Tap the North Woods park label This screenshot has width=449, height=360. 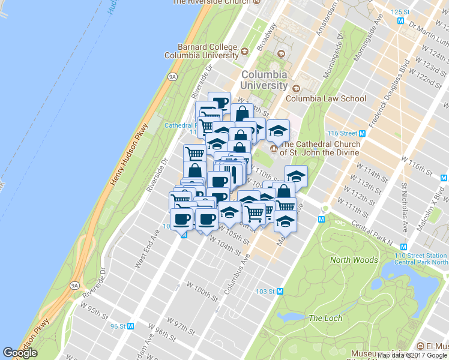coord(354,260)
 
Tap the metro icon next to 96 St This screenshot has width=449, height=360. coord(131,326)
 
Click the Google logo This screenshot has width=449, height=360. coord(20,353)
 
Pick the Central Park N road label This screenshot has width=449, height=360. coord(372,236)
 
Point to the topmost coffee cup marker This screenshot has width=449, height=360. coord(220,102)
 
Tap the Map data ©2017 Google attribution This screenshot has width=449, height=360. coord(412,355)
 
